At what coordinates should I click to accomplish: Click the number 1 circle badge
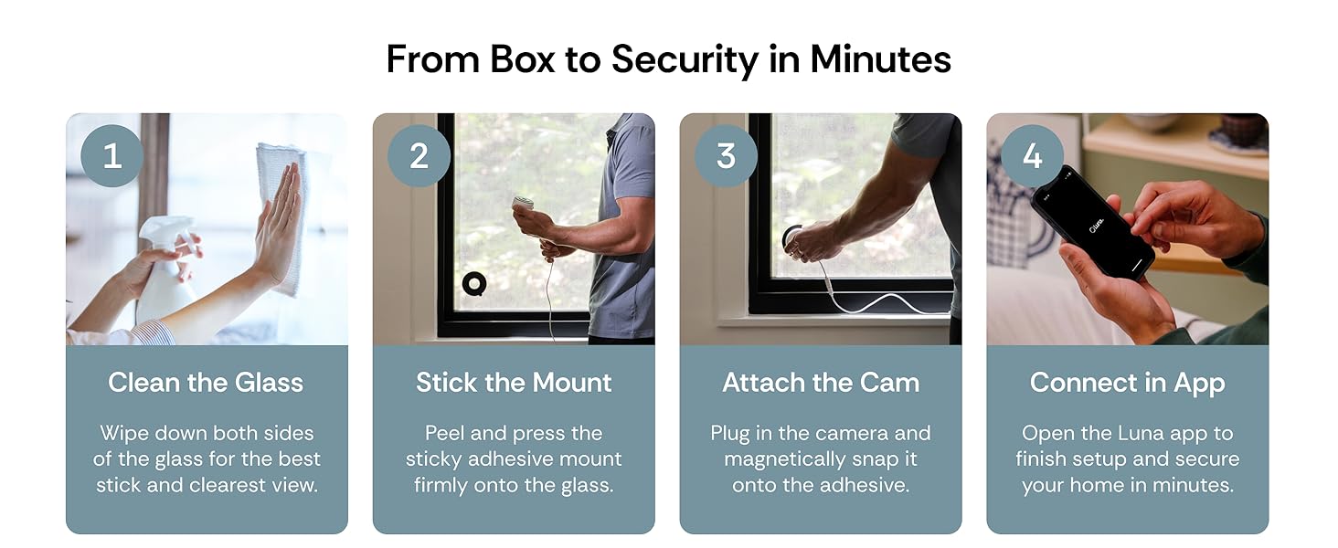click(x=112, y=156)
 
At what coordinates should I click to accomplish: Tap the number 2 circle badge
click(x=419, y=156)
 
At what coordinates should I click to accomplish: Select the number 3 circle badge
click(x=726, y=156)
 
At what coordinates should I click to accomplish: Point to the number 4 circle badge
click(x=1032, y=156)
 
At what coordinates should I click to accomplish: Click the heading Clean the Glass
click(x=206, y=383)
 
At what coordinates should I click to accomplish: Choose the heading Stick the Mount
click(x=514, y=383)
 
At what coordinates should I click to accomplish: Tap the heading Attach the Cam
click(x=821, y=383)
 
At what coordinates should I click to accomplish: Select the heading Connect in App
click(x=1127, y=383)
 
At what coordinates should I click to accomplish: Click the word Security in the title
click(x=685, y=59)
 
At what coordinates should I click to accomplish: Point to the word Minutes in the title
click(x=880, y=59)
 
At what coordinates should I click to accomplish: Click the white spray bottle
click(x=165, y=269)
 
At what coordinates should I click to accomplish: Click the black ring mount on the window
click(x=473, y=284)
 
